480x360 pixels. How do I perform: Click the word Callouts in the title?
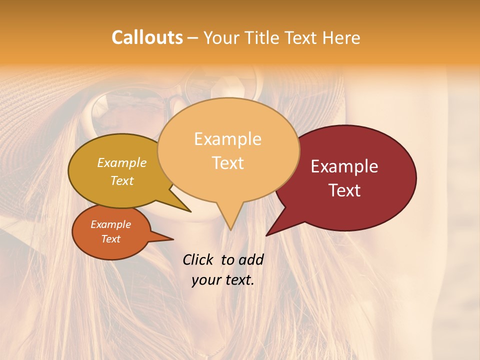pos(147,37)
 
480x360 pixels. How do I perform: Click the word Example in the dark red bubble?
pos(344,166)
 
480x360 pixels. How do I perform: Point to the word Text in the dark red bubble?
pos(345,190)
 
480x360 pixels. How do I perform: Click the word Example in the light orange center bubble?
pos(227,139)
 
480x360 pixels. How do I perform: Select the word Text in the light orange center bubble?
pos(228,163)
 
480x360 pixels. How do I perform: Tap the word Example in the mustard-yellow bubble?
pos(121,163)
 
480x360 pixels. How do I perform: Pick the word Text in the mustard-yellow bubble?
pos(122,180)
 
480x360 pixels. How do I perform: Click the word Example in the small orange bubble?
pos(110,224)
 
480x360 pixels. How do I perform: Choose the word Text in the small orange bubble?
pos(111,239)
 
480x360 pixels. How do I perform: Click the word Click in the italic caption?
pos(198,259)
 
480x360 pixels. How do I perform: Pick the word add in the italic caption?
pos(250,259)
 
